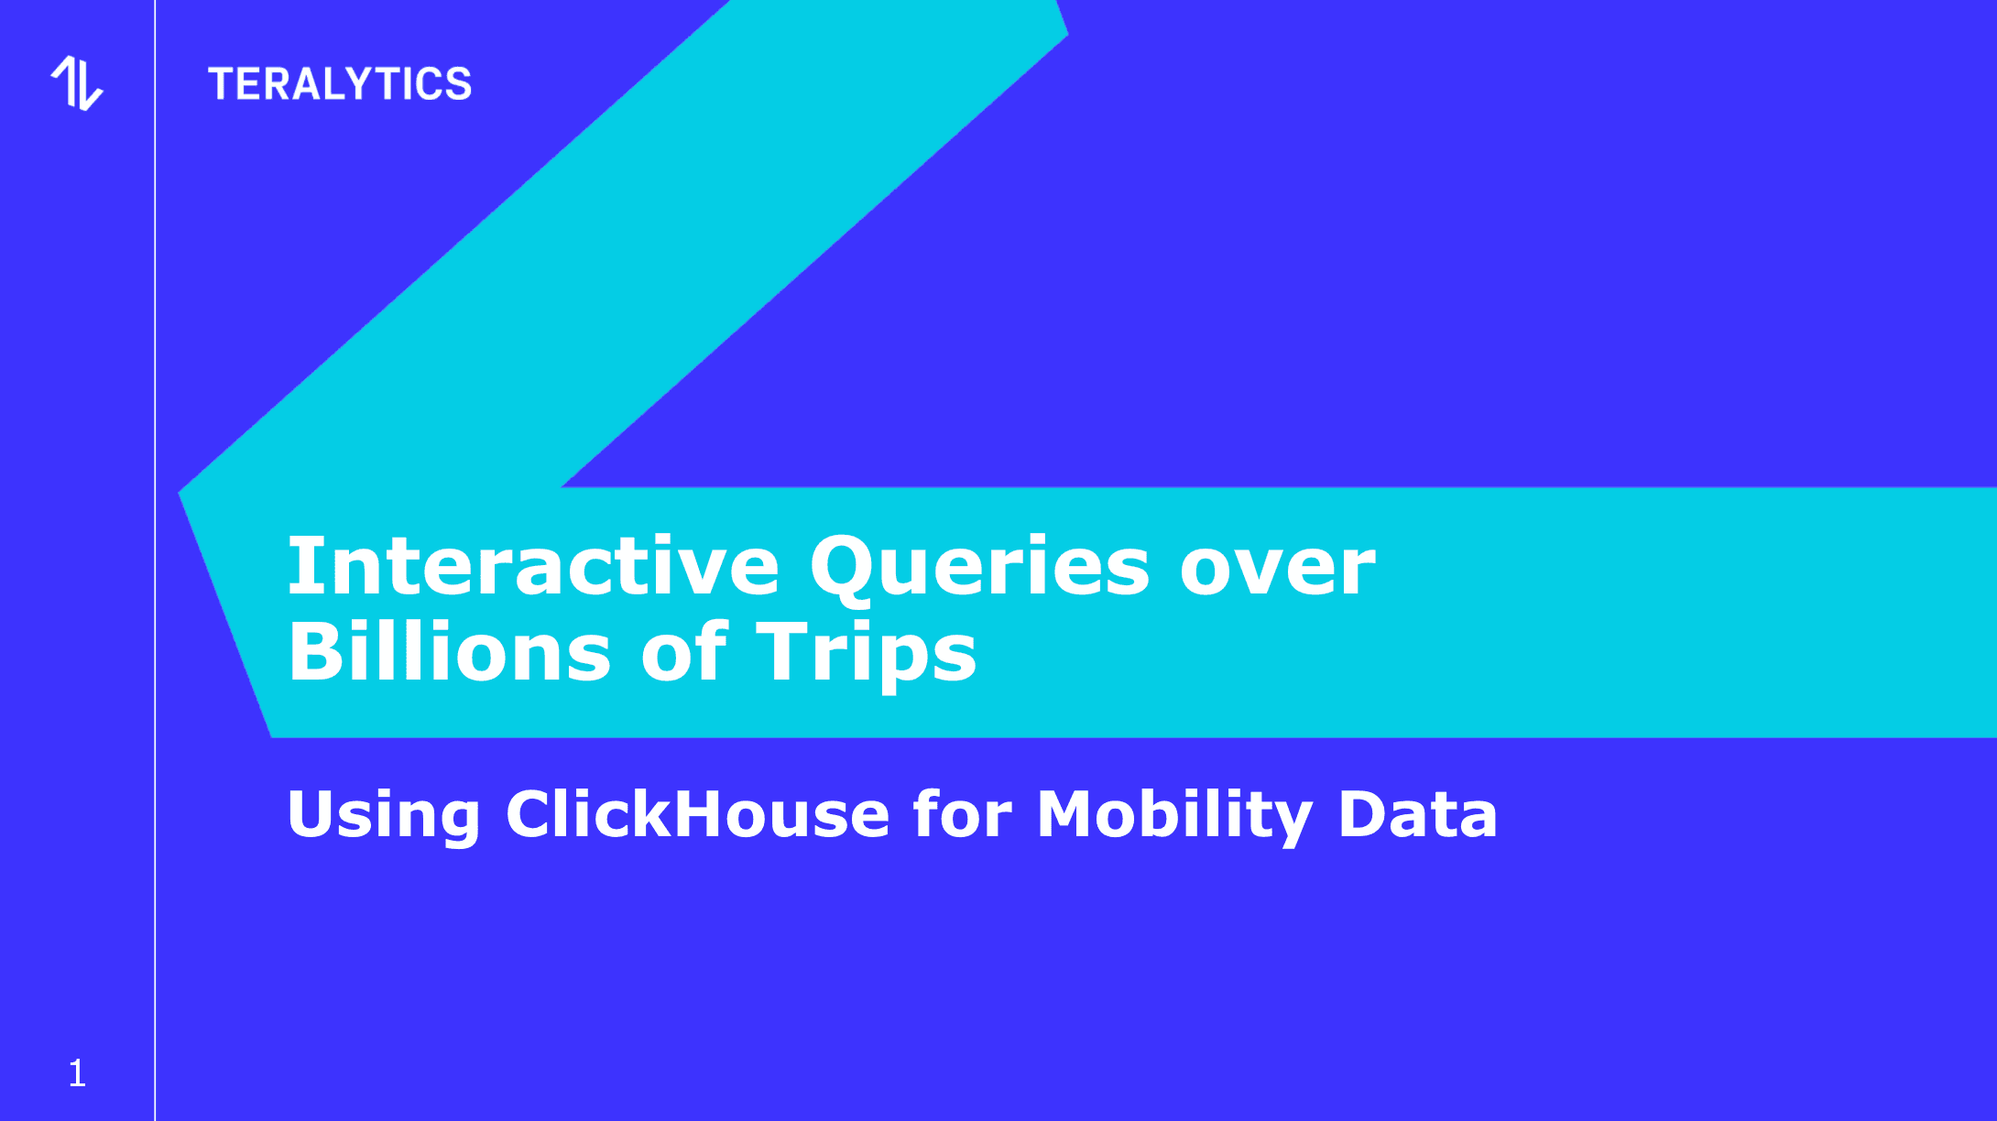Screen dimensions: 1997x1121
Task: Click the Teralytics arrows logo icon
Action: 77,83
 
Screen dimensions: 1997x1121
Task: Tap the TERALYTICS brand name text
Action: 340,84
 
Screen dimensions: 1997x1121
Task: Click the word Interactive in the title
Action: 534,566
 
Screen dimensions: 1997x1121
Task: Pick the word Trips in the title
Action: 867,654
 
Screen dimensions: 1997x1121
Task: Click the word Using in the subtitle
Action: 384,814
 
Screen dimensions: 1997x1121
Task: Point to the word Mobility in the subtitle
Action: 1174,814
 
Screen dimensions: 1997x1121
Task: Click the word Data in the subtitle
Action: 1418,813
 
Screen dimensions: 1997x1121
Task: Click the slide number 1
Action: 77,1073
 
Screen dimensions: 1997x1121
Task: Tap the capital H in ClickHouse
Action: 704,813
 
